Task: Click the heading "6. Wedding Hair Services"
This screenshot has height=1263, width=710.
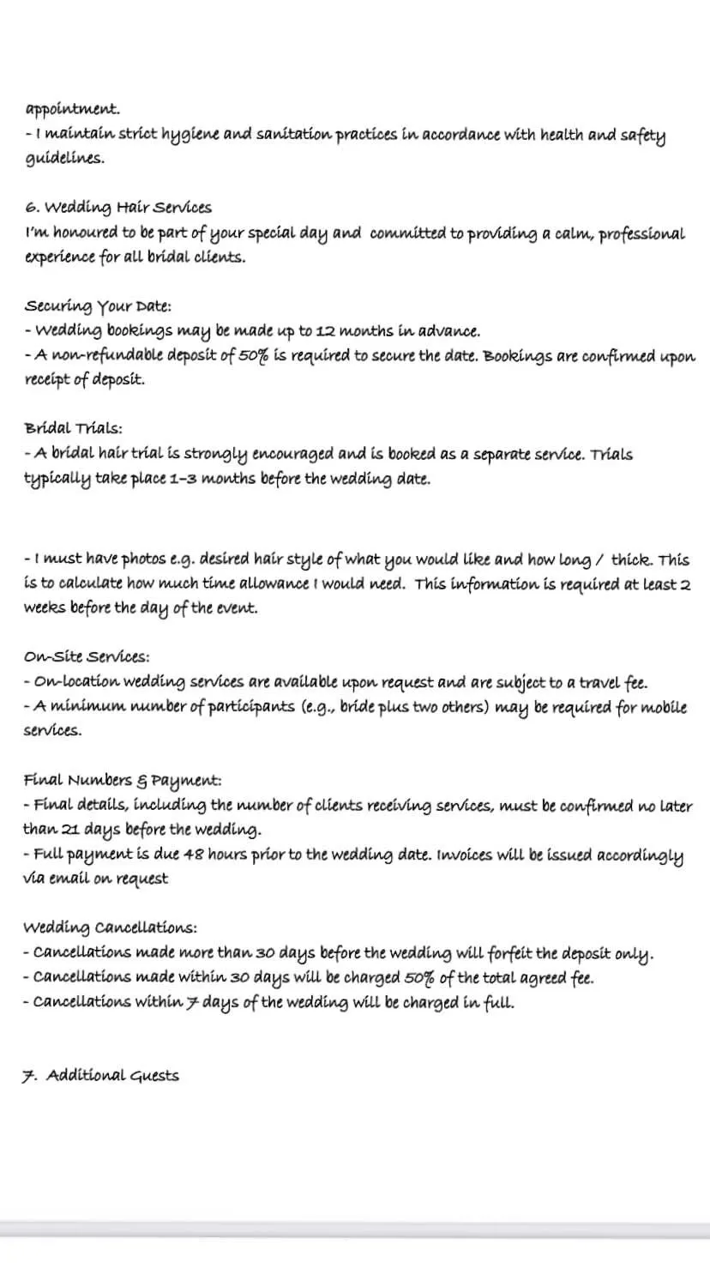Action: [118, 208]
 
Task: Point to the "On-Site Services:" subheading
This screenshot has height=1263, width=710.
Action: [87, 657]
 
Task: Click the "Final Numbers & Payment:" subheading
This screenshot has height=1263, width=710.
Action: [123, 781]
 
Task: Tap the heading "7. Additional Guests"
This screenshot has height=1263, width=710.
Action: [101, 1076]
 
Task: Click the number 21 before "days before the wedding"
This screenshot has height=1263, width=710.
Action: [71, 831]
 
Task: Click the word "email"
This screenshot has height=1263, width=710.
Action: [70, 879]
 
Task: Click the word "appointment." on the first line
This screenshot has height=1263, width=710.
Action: [73, 110]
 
